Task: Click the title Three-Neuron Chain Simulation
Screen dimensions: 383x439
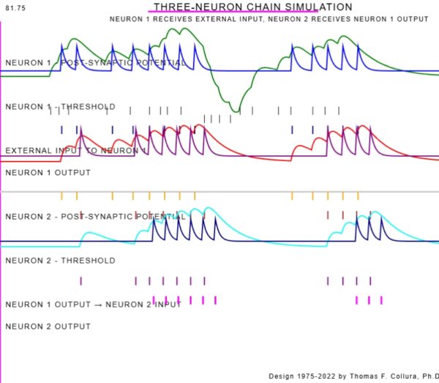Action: pos(252,7)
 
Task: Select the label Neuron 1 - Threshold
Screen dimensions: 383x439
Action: pos(60,107)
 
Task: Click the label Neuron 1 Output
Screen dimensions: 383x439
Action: pos(48,173)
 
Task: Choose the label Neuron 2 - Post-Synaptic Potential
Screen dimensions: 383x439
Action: pos(95,217)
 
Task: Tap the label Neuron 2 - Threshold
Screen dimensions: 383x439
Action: pos(60,261)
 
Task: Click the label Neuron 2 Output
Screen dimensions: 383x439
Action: pos(48,327)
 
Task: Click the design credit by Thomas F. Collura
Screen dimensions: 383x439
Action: pos(353,376)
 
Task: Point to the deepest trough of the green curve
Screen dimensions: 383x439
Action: pos(236,111)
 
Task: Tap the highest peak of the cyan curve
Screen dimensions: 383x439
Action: pos(209,209)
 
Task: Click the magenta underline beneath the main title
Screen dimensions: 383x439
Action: pos(233,13)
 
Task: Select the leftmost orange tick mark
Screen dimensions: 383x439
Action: pos(61,196)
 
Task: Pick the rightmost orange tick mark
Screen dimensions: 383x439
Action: pos(358,196)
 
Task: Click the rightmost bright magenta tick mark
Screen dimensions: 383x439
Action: pos(381,300)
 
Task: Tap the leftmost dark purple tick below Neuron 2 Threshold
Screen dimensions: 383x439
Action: pos(81,280)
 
